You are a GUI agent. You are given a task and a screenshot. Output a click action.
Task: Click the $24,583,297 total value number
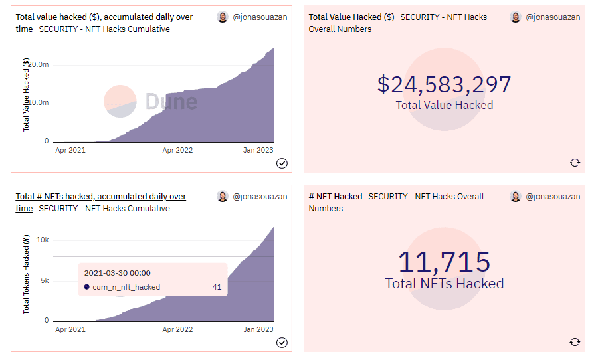coord(444,84)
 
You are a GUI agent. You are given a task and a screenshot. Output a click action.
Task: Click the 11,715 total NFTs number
coord(444,262)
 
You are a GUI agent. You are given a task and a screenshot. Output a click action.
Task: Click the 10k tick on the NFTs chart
coord(43,240)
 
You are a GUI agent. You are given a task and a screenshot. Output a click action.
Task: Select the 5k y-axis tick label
coord(44,280)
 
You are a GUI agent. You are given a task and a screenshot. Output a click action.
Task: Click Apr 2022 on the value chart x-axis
coord(177,150)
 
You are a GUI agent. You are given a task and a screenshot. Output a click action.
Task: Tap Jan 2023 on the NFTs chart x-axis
coord(258,329)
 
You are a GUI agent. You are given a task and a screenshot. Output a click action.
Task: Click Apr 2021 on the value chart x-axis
coord(70,150)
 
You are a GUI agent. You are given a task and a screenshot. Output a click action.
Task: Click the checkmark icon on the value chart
coord(282,163)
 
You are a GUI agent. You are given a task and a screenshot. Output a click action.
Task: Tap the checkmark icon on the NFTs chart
coord(282,342)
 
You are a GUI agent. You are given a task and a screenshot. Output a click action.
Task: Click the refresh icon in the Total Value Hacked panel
coord(575,163)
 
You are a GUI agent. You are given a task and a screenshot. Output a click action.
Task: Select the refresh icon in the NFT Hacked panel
coord(575,342)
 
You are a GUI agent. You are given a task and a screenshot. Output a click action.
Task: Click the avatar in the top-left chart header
coord(223,17)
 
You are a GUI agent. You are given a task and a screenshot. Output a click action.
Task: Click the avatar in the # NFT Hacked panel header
coord(516,197)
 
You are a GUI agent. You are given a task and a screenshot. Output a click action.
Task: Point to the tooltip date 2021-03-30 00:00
coord(118,273)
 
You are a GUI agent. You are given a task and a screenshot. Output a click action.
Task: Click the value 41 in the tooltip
coord(217,287)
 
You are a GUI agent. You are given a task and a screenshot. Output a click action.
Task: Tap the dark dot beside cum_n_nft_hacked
coord(87,287)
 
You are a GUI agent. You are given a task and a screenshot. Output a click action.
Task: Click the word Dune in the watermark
coord(171,102)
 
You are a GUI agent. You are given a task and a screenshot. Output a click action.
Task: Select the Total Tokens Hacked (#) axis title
coord(27,274)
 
